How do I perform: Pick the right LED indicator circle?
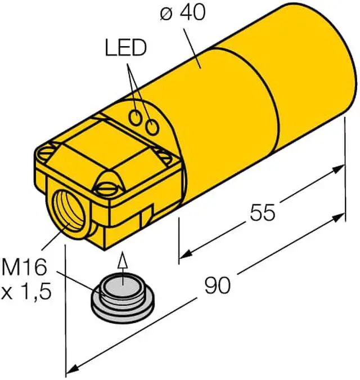tap(151, 127)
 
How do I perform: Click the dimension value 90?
tap(217, 286)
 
